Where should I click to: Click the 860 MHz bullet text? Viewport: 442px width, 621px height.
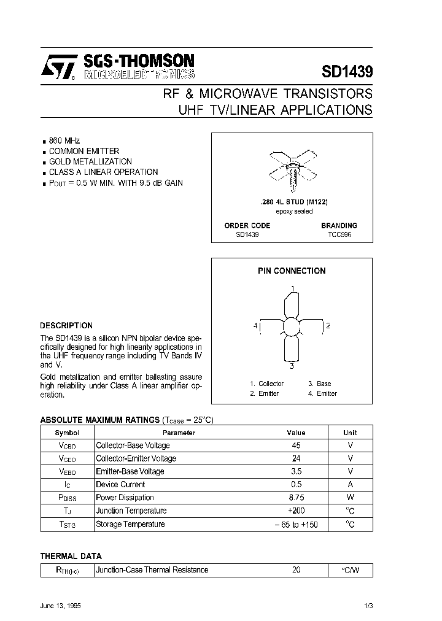pyautogui.click(x=64, y=141)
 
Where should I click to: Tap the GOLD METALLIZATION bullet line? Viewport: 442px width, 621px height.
pyautogui.click(x=90, y=161)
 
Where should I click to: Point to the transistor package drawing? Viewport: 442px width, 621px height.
pyautogui.click(x=292, y=165)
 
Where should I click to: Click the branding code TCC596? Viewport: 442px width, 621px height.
pyautogui.click(x=338, y=235)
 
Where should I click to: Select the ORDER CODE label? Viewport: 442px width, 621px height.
pyautogui.click(x=247, y=225)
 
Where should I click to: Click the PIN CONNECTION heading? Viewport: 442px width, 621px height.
pyautogui.click(x=292, y=271)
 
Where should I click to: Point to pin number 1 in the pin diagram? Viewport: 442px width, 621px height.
pyautogui.click(x=292, y=288)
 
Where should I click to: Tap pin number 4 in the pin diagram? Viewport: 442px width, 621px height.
pyautogui.click(x=255, y=325)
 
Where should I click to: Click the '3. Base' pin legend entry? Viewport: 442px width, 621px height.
pyautogui.click(x=319, y=384)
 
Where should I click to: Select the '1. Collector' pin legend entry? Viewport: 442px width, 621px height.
pyautogui.click(x=266, y=384)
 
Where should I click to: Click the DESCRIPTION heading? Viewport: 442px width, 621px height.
pyautogui.click(x=66, y=326)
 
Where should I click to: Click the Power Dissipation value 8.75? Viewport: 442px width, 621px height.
pyautogui.click(x=296, y=498)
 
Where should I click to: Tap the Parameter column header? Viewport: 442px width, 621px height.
pyautogui.click(x=179, y=433)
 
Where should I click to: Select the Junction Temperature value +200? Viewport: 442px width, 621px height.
pyautogui.click(x=296, y=511)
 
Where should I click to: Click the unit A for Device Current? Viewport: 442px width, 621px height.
pyautogui.click(x=350, y=484)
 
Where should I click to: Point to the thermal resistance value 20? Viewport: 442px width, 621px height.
pyautogui.click(x=296, y=570)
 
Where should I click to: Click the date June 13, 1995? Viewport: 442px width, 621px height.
pyautogui.click(x=61, y=606)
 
